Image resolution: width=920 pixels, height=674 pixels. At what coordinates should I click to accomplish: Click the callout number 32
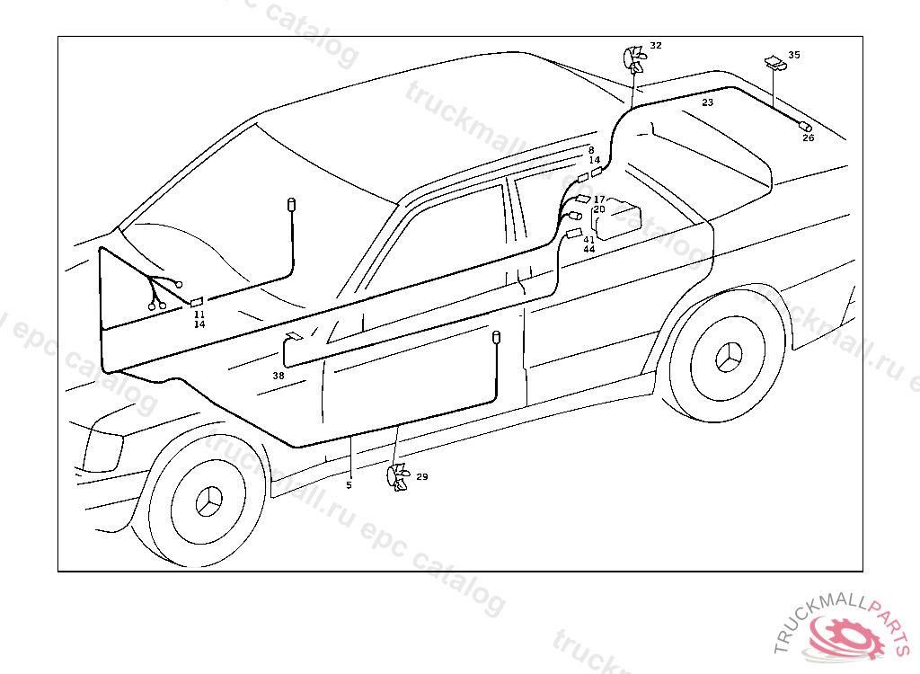point(656,45)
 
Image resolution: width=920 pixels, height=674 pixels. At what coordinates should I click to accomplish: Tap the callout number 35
point(793,55)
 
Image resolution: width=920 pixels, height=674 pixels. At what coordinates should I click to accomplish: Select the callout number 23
point(708,103)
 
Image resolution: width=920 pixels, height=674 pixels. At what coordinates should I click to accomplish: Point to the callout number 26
point(808,137)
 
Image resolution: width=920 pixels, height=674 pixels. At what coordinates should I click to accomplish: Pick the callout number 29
point(421,476)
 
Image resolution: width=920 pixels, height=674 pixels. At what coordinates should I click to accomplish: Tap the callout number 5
point(349,485)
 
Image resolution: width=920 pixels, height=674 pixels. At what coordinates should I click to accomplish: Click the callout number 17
point(599,199)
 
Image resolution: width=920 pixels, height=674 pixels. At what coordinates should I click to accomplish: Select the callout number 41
point(589,239)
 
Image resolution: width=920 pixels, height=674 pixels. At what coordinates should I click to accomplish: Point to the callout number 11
point(199,315)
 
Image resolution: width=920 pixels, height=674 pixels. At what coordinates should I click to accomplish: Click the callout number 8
point(591,150)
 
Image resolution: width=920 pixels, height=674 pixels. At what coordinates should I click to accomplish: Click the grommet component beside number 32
point(635,61)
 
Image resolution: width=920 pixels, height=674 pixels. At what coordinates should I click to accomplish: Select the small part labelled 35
point(773,62)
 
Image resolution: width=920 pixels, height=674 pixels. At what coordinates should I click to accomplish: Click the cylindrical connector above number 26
point(805,126)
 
